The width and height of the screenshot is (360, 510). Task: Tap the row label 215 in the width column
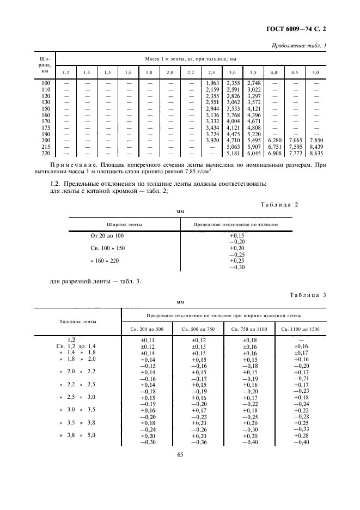click(x=46, y=147)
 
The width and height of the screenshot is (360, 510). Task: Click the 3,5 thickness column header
click(x=253, y=72)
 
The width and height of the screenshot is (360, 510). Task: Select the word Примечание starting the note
click(x=73, y=163)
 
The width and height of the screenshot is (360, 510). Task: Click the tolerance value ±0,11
click(x=148, y=340)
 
